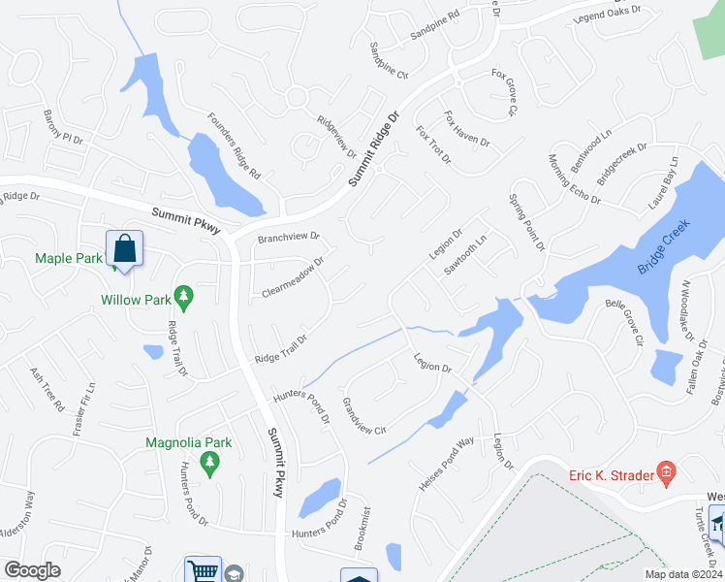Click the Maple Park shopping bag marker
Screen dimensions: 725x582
click(x=125, y=250)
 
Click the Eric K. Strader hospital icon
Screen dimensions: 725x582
click(x=666, y=474)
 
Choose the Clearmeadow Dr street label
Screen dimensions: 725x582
click(x=293, y=277)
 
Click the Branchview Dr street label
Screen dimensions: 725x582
click(x=288, y=237)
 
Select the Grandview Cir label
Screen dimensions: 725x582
click(x=363, y=414)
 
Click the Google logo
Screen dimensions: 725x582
click(x=32, y=570)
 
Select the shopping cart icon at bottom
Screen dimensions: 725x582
click(x=203, y=570)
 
